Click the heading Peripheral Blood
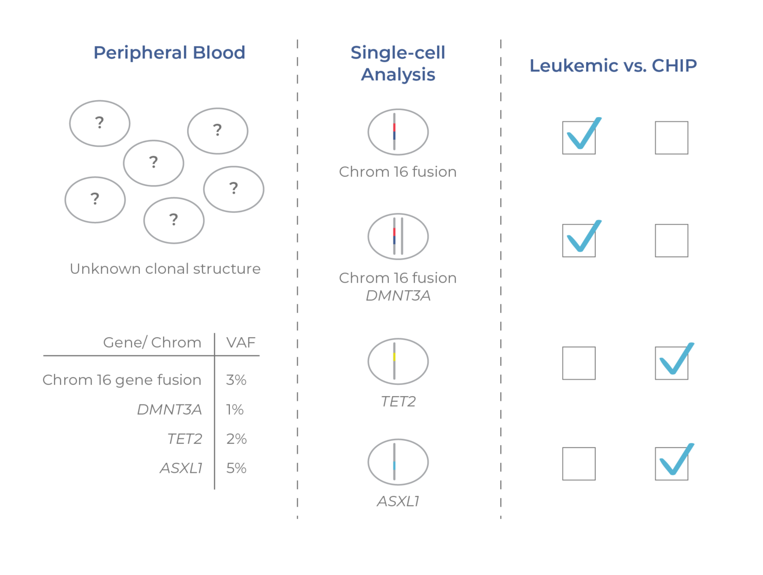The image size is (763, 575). (x=169, y=53)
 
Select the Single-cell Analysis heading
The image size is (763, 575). (x=398, y=64)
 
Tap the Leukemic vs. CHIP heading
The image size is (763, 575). (x=613, y=66)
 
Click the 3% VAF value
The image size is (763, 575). (x=236, y=380)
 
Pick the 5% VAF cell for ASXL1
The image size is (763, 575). (x=236, y=469)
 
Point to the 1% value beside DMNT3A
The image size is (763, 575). (x=235, y=410)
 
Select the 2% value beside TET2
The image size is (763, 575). (x=236, y=439)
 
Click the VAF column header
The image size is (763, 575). (x=241, y=343)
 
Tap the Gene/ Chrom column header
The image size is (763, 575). (x=152, y=343)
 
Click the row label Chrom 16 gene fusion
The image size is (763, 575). (x=122, y=380)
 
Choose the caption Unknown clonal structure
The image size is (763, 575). (x=165, y=269)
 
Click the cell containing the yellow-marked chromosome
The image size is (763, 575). (x=398, y=361)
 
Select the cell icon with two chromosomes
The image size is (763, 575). (x=398, y=236)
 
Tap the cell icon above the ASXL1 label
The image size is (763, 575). (x=398, y=462)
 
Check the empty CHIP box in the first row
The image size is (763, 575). (x=671, y=138)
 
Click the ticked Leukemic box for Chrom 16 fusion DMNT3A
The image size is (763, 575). (x=579, y=240)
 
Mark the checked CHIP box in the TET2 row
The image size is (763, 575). (x=671, y=363)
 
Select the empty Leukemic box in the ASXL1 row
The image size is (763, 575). (x=579, y=464)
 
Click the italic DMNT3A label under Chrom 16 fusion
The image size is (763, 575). (x=398, y=296)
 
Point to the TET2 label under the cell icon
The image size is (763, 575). (x=398, y=402)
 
